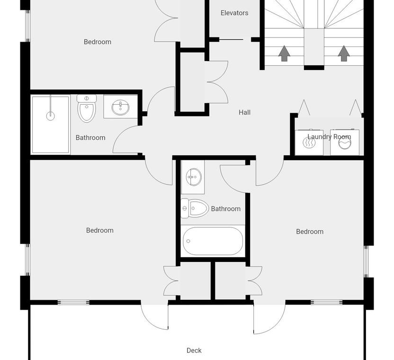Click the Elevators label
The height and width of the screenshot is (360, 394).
pyautogui.click(x=234, y=13)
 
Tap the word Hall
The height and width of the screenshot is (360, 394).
pyautogui.click(x=244, y=112)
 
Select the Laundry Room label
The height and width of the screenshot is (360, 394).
pyautogui.click(x=329, y=137)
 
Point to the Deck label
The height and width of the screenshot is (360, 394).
pyautogui.click(x=194, y=351)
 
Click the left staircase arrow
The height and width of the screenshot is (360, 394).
pyautogui.click(x=284, y=54)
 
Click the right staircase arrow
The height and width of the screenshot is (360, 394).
pyautogui.click(x=344, y=54)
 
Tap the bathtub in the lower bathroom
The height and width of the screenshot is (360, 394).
pyautogui.click(x=213, y=241)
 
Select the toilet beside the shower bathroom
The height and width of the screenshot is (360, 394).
pyautogui.click(x=87, y=108)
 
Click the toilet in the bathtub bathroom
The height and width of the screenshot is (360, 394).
pyautogui.click(x=195, y=208)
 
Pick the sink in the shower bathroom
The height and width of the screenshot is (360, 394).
pyautogui.click(x=121, y=108)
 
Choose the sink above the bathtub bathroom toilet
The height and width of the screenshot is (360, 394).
pyautogui.click(x=194, y=177)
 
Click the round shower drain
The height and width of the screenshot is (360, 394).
pyautogui.click(x=51, y=116)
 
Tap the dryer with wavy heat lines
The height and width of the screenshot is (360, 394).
pyautogui.click(x=309, y=142)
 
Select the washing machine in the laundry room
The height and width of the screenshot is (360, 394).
pyautogui.click(x=344, y=142)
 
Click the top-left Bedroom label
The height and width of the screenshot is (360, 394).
pyautogui.click(x=98, y=42)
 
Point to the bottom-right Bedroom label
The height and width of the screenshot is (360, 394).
pyautogui.click(x=310, y=232)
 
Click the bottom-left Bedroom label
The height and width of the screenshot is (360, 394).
pyautogui.click(x=100, y=230)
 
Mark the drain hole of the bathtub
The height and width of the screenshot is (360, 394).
pyautogui.click(x=188, y=241)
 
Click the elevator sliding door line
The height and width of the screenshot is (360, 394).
pyautogui.click(x=231, y=39)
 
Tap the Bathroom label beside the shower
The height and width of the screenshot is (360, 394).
pyautogui.click(x=90, y=138)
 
